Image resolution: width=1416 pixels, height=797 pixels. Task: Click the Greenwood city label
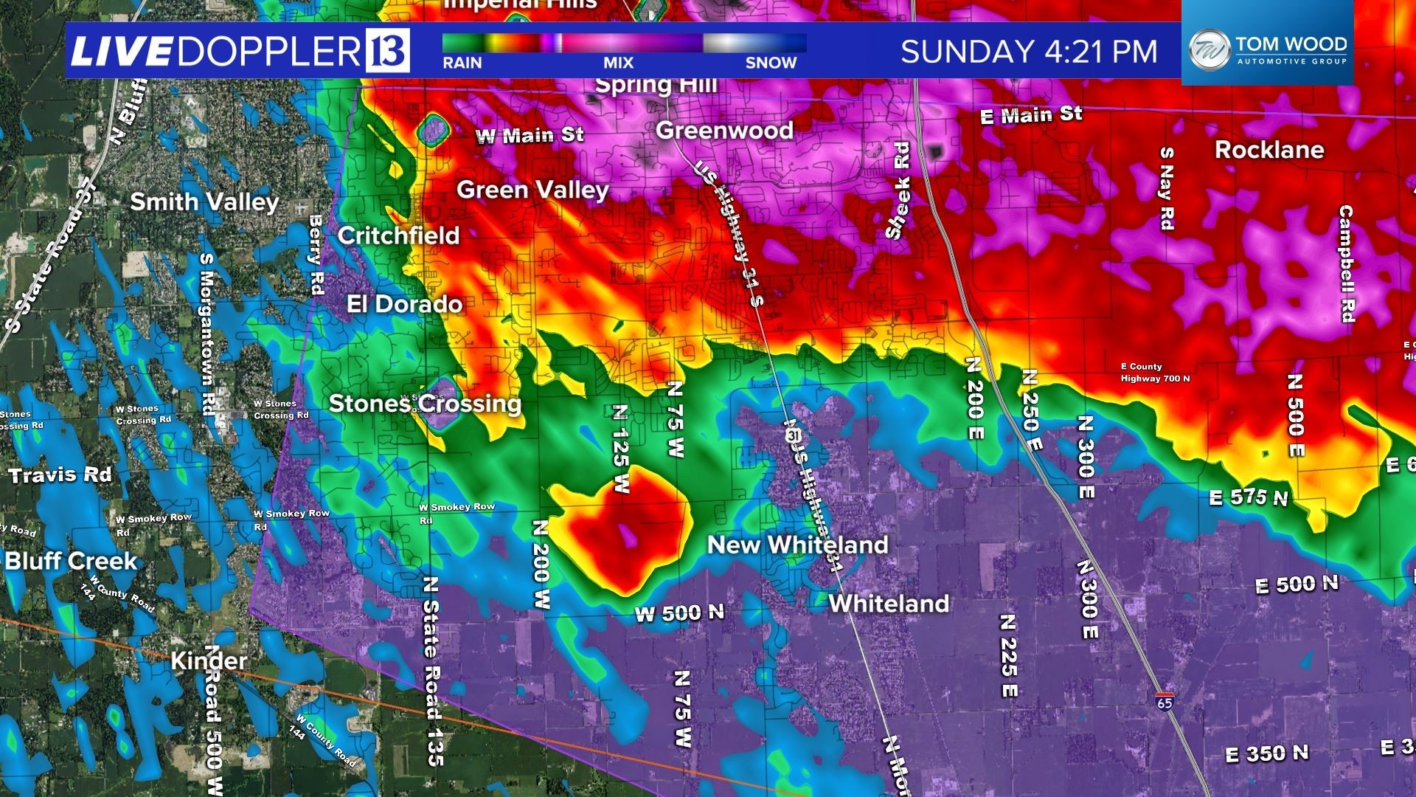[x=724, y=131]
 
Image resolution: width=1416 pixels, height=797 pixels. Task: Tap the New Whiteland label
[x=797, y=545]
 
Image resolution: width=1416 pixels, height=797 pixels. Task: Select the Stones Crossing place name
[x=425, y=404]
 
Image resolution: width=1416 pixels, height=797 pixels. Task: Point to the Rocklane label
[x=1269, y=150]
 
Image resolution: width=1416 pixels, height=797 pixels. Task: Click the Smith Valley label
[x=204, y=201]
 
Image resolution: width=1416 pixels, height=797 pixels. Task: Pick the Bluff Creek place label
[x=72, y=561]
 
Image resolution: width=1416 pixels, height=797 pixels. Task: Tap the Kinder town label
[x=209, y=660]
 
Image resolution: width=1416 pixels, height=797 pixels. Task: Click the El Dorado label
[x=404, y=304]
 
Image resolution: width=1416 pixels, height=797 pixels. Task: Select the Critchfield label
[x=398, y=235]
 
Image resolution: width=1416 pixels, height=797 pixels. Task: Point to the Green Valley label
[x=532, y=190]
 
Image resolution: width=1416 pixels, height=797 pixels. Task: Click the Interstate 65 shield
[x=1165, y=701]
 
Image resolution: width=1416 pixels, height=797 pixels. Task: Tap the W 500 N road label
[x=679, y=613]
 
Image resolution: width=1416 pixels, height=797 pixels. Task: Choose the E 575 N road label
[x=1249, y=497]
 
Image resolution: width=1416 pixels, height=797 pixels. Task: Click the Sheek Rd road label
[x=899, y=190]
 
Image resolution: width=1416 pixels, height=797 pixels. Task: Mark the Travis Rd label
[x=60, y=475]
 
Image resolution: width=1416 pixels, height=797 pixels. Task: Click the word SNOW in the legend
[x=771, y=63]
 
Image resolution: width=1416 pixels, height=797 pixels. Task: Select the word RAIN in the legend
[x=462, y=63]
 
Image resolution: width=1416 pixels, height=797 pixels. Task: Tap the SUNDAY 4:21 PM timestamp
[x=1029, y=52]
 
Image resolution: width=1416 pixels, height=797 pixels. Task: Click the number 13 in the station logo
[x=387, y=50]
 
